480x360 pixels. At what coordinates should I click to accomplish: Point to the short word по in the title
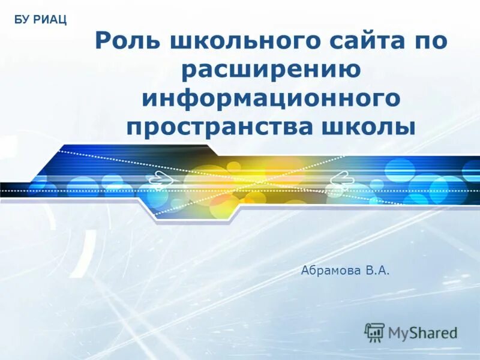[428, 43]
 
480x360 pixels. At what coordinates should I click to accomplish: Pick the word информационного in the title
[271, 98]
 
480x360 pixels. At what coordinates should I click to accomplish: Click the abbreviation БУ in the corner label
[22, 21]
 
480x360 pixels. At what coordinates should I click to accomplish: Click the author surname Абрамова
[331, 272]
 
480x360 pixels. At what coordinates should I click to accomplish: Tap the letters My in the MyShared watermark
[398, 332]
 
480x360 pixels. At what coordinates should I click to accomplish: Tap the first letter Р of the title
[103, 43]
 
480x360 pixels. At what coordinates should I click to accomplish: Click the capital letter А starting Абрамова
[305, 272]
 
